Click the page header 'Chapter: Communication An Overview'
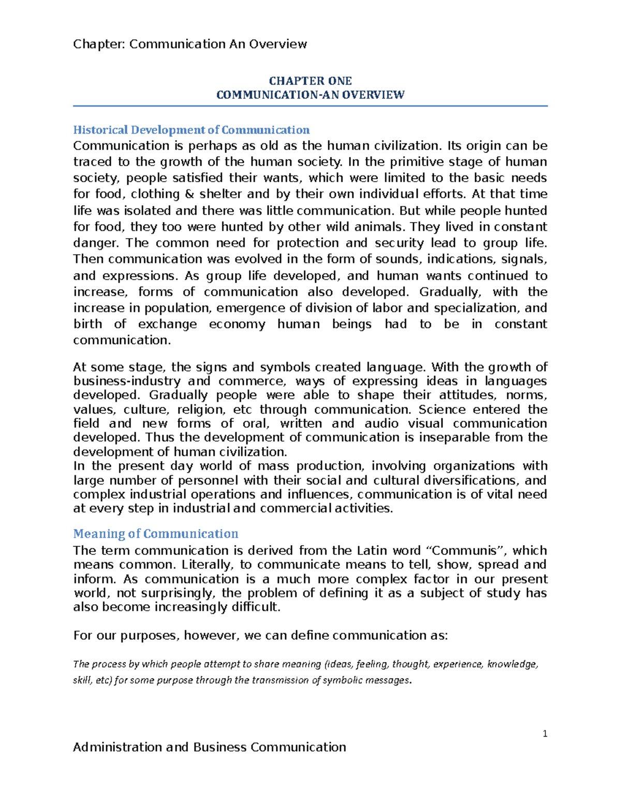[x=190, y=44]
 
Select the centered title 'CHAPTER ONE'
[x=310, y=81]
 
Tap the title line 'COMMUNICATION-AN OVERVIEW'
[x=310, y=95]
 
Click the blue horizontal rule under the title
[x=310, y=106]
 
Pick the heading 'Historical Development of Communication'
[x=191, y=130]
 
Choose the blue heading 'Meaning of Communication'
[x=155, y=534]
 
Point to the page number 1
[x=545, y=734]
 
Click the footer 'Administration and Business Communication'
[x=210, y=747]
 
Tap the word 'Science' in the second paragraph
[x=442, y=410]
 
